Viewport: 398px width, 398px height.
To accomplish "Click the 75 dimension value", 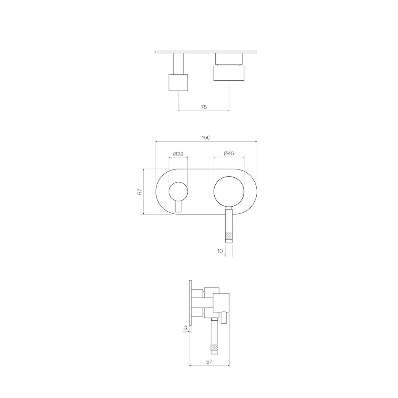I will [x=203, y=107].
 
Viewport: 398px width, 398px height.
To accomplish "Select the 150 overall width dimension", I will [x=206, y=137].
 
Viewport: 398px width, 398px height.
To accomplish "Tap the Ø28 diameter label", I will [x=178, y=154].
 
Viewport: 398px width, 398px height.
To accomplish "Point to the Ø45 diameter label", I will [x=229, y=154].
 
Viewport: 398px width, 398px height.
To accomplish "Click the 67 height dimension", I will [x=140, y=192].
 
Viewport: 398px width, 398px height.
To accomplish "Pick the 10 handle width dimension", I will [x=220, y=251].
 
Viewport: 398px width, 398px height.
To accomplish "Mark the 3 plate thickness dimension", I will [x=185, y=328].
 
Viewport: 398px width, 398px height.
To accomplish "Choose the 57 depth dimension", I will [x=209, y=362].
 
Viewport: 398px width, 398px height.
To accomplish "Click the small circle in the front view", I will [x=178, y=192].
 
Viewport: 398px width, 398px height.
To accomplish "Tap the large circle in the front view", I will [x=229, y=192].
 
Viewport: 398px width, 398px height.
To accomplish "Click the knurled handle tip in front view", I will [x=229, y=237].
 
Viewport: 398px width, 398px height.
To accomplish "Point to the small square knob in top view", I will [x=178, y=82].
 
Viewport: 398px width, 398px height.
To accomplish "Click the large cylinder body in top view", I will [x=229, y=73].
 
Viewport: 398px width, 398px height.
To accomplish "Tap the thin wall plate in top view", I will [x=206, y=52].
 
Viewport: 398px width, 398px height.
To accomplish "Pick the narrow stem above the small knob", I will [x=178, y=63].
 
